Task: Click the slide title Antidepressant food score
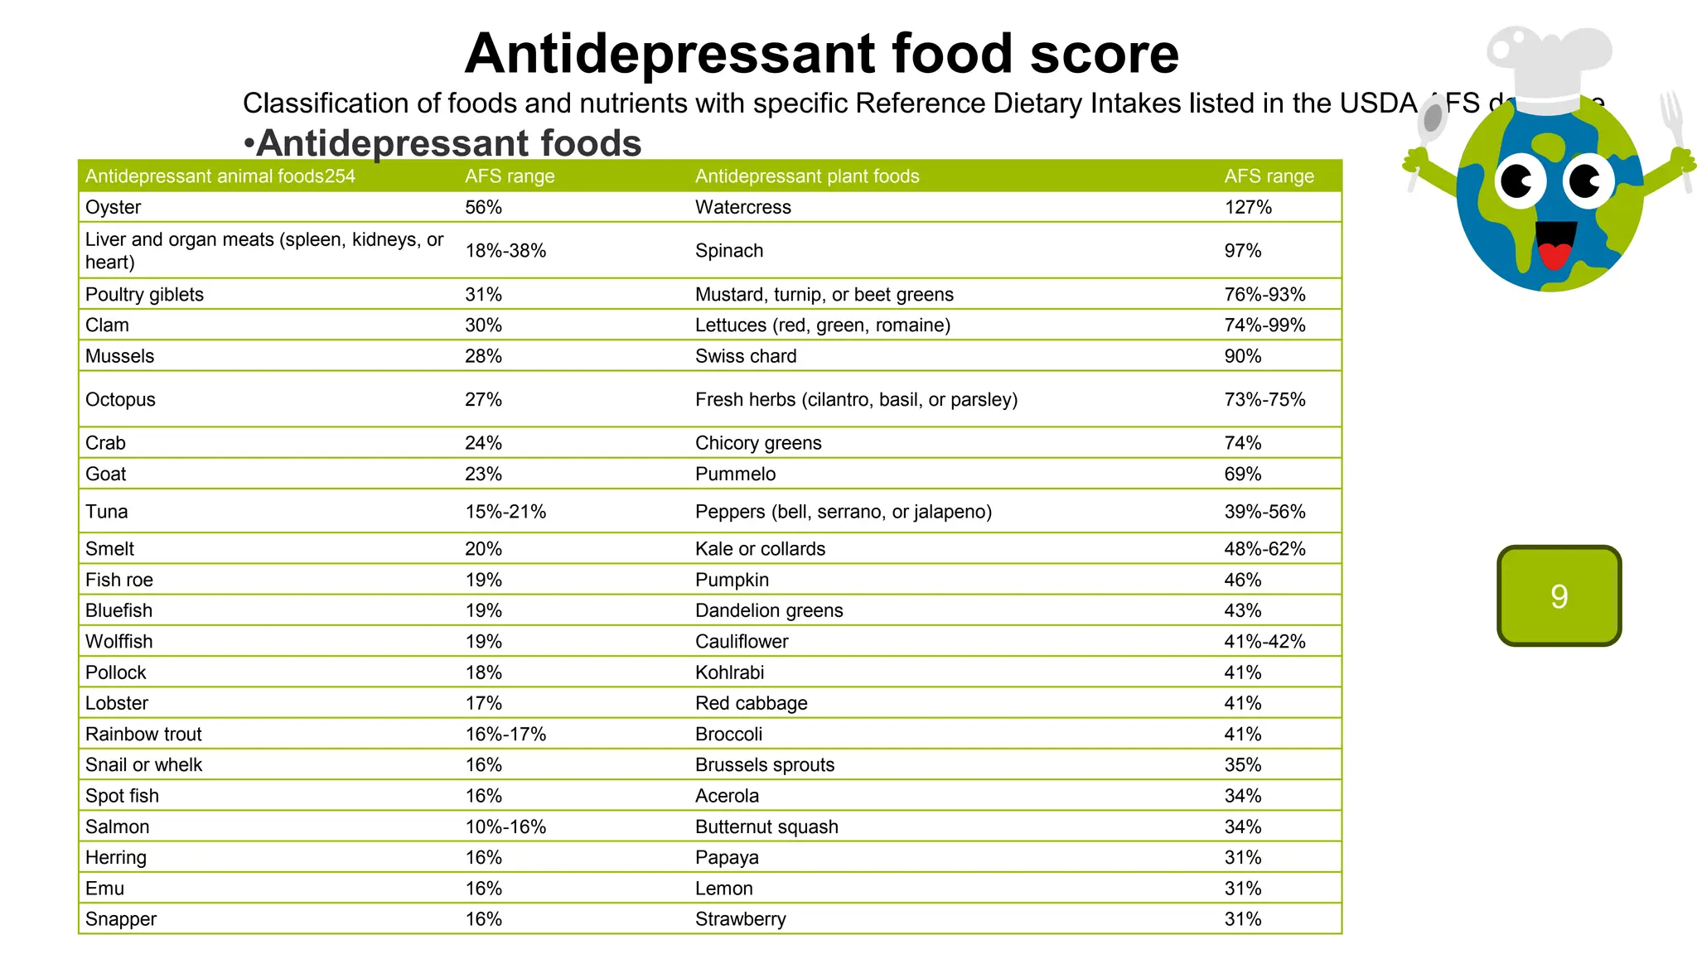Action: [821, 54]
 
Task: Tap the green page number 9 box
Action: [1559, 595]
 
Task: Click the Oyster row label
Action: [114, 207]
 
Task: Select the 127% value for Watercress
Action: [1247, 207]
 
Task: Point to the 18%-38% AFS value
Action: [505, 251]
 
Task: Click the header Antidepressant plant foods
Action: [806, 176]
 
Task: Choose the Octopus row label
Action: [120, 399]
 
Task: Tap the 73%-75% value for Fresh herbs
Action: [1264, 399]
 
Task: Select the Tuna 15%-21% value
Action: [505, 512]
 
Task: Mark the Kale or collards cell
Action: [760, 549]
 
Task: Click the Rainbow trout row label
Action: [143, 734]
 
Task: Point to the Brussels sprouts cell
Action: [764, 764]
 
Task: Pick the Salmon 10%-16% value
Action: [505, 826]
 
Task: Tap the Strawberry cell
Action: [740, 919]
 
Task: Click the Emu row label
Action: [104, 889]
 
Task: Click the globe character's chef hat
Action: [1548, 66]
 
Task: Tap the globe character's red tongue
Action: [1554, 256]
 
